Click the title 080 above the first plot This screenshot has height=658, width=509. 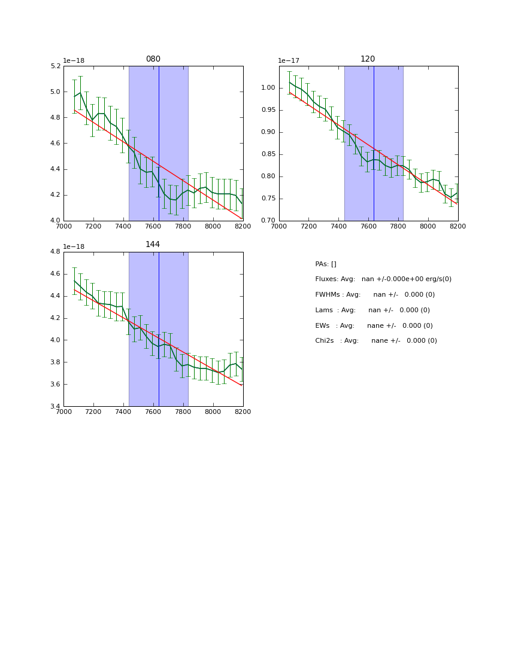[153, 59]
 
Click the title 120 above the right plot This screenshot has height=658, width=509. [368, 59]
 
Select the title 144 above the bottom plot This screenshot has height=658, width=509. [153, 245]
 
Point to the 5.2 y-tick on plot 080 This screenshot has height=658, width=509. [55, 66]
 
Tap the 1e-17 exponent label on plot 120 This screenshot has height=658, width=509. [289, 61]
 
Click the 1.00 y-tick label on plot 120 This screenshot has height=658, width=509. [268, 88]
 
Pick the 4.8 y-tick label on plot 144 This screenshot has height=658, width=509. [55, 252]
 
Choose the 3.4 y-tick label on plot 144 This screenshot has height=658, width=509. [55, 407]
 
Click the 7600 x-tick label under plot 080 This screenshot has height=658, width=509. [153, 227]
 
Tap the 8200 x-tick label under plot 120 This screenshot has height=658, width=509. [458, 227]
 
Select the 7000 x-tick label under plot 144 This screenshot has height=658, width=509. [63, 412]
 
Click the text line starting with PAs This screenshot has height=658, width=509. [326, 264]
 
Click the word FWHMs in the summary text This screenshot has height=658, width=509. [328, 295]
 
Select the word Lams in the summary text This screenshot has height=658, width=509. [324, 310]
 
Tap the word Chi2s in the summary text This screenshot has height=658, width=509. [326, 341]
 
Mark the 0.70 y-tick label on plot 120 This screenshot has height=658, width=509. [268, 221]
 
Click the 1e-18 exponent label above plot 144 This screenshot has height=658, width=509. [74, 246]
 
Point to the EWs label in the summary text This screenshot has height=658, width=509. [323, 326]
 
